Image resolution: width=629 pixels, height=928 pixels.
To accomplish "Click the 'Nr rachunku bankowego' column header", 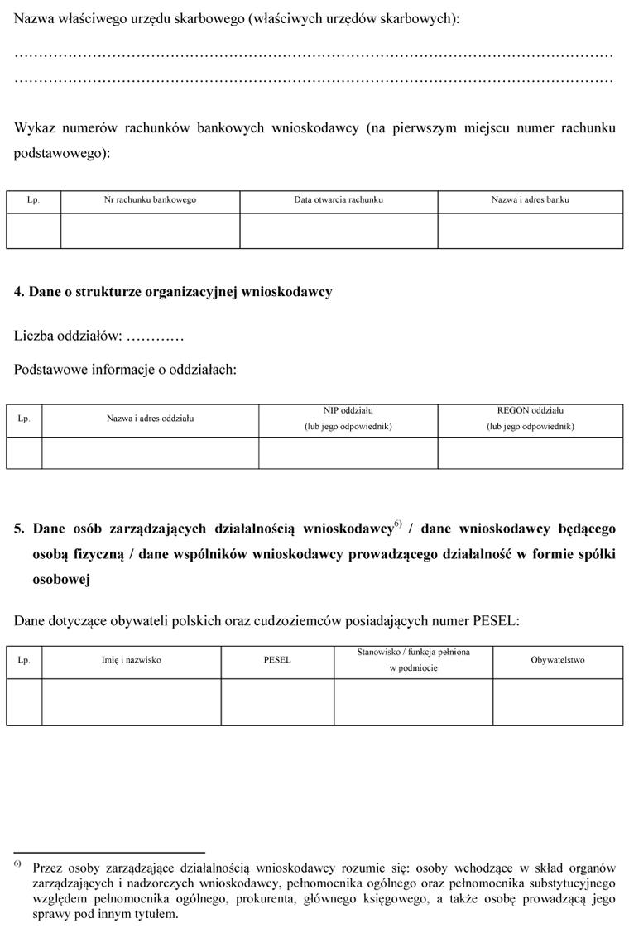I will (x=150, y=200).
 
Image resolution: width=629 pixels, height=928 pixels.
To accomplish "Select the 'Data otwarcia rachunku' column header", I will (x=339, y=200).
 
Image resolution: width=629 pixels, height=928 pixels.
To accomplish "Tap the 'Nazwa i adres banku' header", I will (x=530, y=200).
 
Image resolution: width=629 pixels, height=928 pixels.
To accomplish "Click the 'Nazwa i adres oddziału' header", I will (x=150, y=419).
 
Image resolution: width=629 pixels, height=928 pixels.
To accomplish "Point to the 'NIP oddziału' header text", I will (x=348, y=410).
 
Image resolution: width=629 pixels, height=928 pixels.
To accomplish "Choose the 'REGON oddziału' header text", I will (x=530, y=410).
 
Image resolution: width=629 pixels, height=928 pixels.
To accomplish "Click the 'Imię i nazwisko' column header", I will (x=131, y=660).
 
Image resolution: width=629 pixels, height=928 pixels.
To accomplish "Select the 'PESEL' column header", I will (x=277, y=660).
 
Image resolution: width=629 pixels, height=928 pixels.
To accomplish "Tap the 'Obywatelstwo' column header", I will (x=558, y=660).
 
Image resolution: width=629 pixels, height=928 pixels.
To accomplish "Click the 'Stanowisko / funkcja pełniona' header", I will (x=413, y=653).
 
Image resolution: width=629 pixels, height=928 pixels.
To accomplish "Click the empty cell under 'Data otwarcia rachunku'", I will (x=339, y=231).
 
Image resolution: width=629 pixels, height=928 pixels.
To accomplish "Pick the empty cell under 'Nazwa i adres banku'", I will (x=530, y=231).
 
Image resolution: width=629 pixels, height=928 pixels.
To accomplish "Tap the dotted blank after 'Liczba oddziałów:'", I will (x=156, y=337).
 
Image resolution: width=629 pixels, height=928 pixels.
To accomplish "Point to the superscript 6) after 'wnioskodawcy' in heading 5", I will (x=397, y=524).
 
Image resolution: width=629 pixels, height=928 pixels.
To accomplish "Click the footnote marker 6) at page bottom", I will (x=17, y=863).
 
